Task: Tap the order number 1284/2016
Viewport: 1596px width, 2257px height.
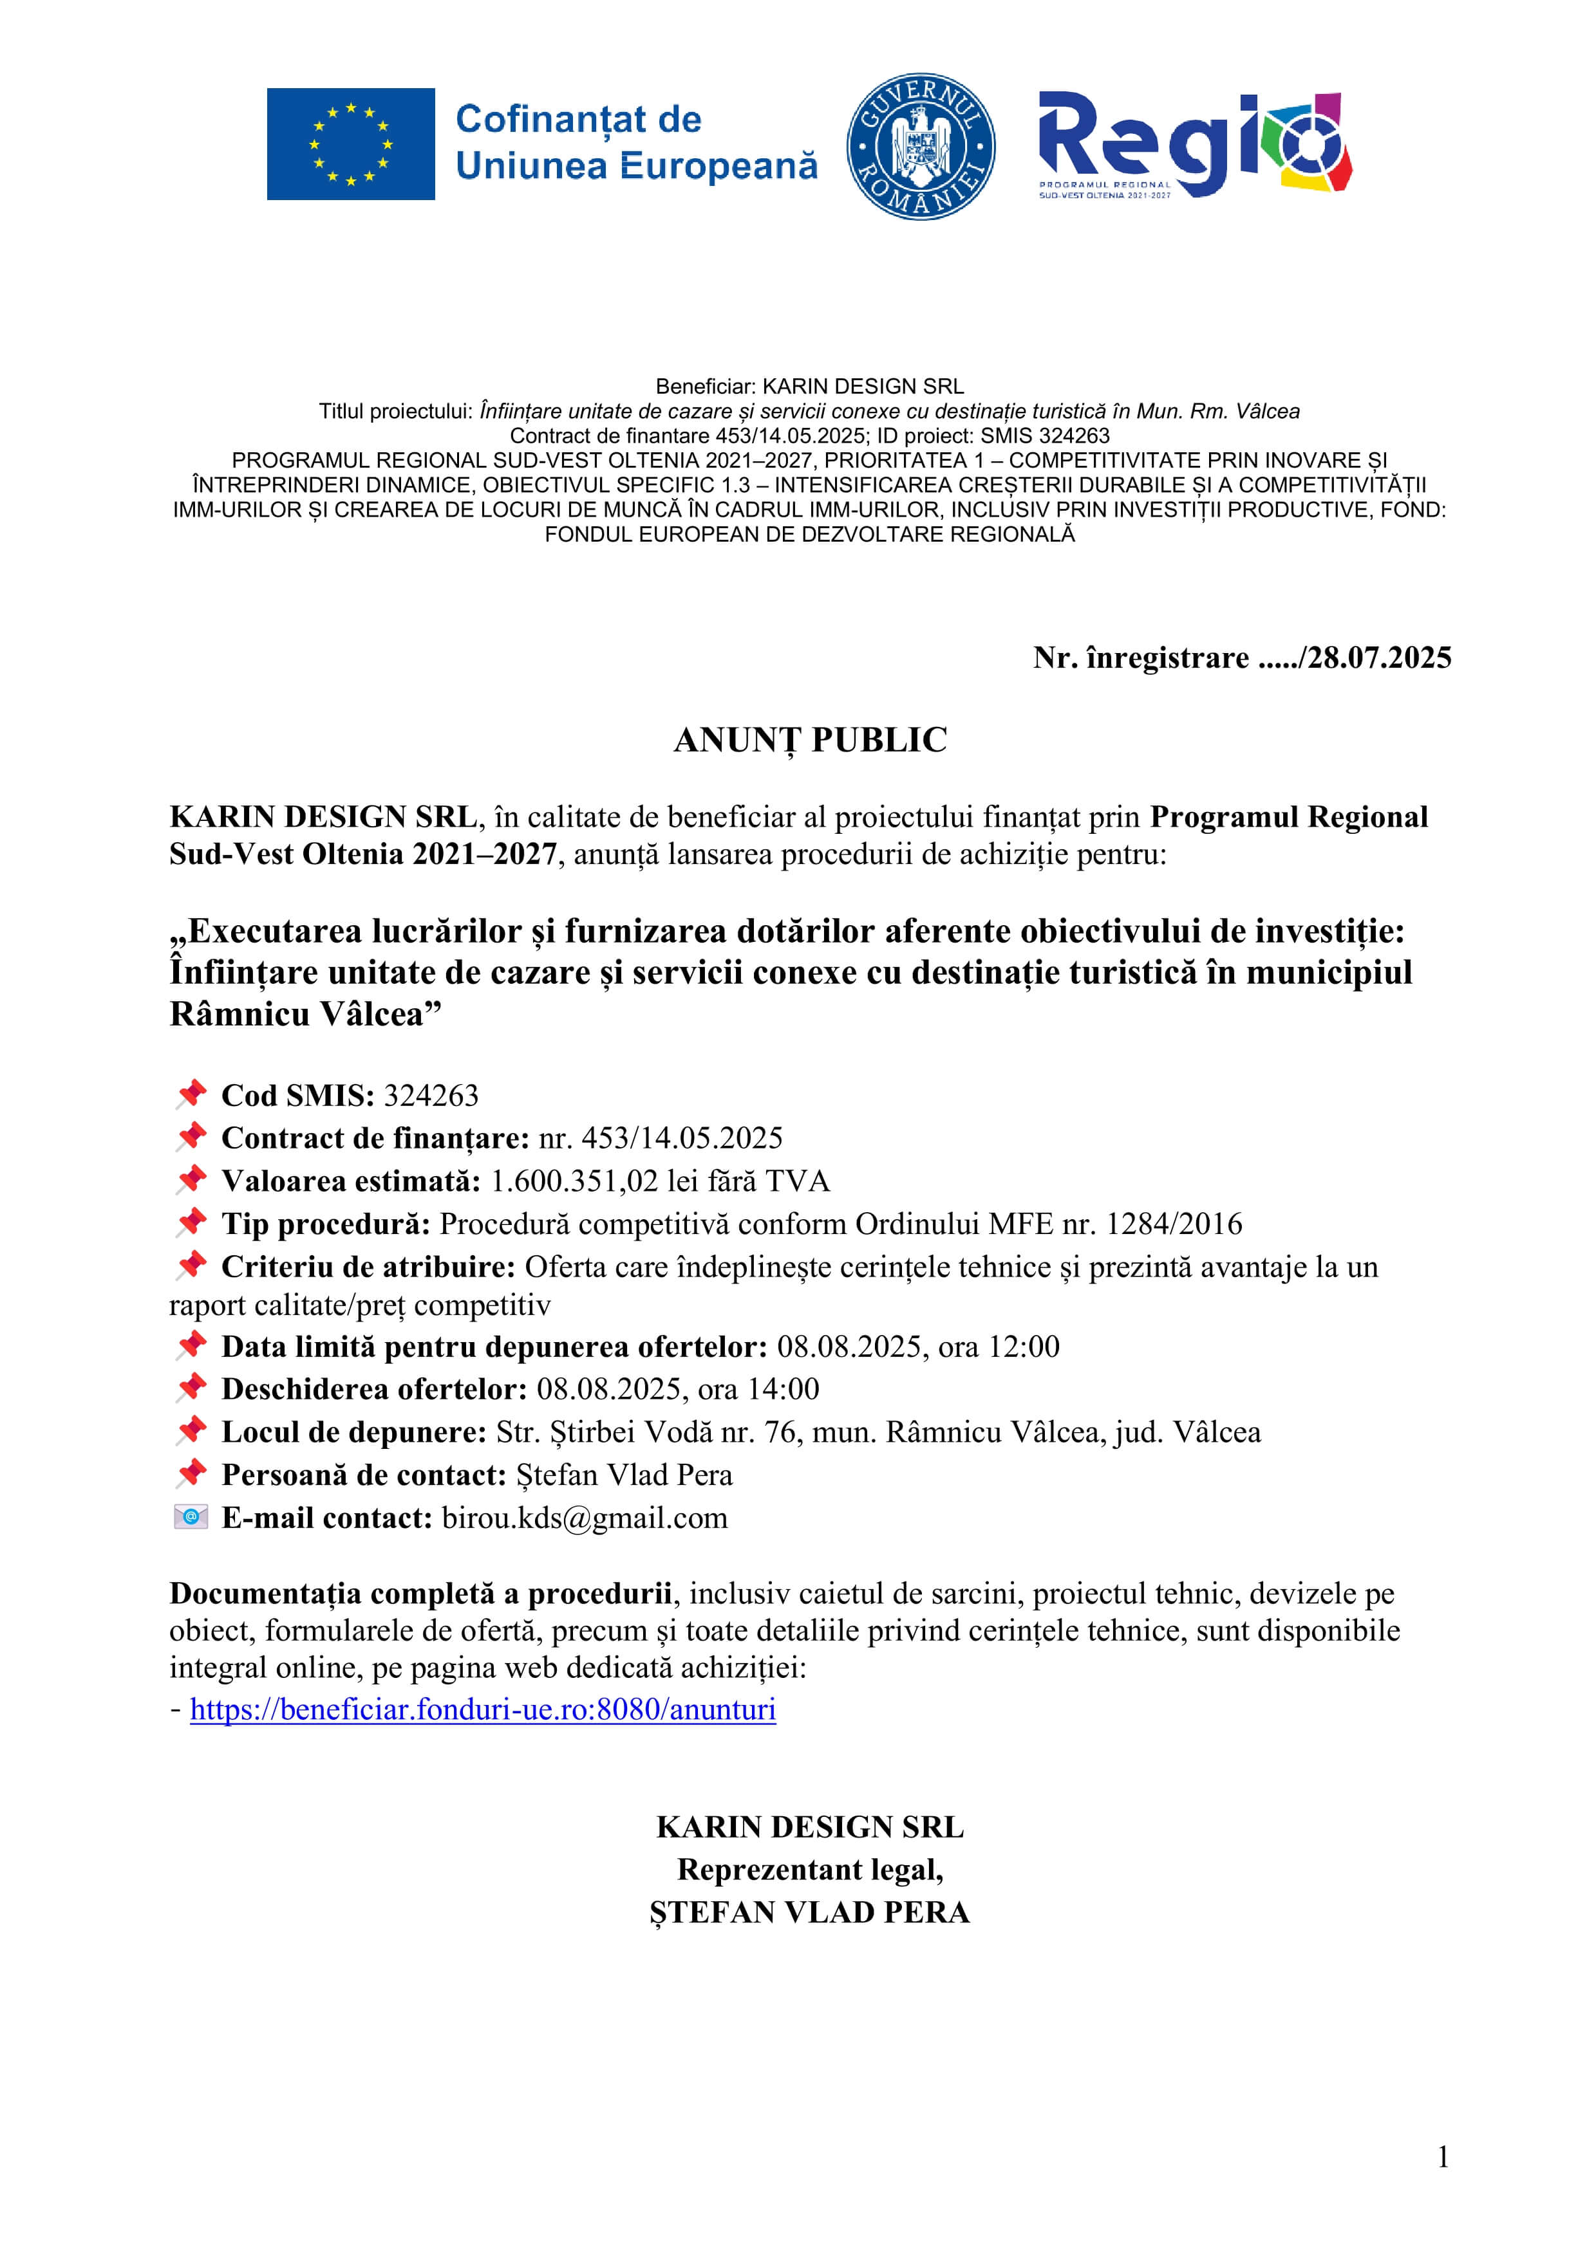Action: pos(1174,1224)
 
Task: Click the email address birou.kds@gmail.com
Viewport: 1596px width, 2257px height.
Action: pos(585,1518)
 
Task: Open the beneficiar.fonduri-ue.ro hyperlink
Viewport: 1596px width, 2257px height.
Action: pos(483,1709)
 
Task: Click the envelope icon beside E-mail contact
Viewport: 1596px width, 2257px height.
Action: pos(191,1517)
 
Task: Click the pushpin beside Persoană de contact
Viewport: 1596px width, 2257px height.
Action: pos(191,1473)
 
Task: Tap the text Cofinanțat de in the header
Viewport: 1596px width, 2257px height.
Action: pos(578,120)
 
